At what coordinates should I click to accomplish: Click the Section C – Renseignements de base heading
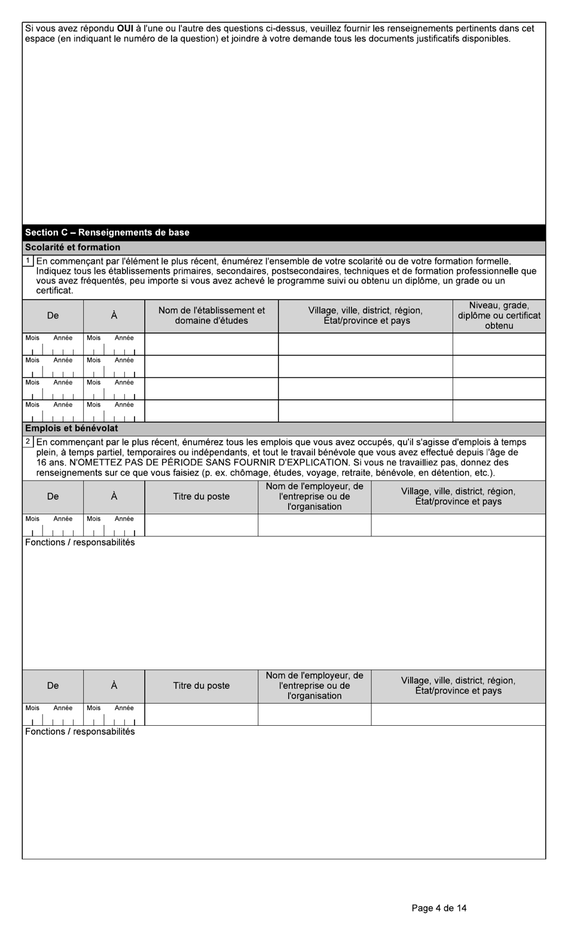[107, 233]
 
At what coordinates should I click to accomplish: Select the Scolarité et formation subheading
[72, 247]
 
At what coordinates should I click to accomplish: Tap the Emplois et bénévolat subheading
[71, 429]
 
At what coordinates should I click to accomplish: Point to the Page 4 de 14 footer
[439, 908]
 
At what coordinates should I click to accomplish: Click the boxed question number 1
[28, 261]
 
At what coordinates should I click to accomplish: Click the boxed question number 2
[28, 442]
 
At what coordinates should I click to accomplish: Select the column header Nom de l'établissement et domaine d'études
[211, 316]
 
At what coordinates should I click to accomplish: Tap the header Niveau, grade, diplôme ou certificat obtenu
[499, 316]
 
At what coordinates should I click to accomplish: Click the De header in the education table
[53, 316]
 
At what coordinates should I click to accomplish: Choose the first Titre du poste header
[201, 497]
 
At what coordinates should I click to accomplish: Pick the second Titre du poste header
[201, 686]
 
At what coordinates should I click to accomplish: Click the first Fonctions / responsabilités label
[80, 543]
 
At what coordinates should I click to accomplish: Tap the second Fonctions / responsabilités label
[80, 732]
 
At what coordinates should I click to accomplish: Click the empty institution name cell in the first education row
[211, 344]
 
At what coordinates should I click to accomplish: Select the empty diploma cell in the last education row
[499, 411]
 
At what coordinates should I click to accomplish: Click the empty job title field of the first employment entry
[201, 525]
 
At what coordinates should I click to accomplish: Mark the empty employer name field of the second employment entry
[314, 714]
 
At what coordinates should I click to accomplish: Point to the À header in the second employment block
[114, 686]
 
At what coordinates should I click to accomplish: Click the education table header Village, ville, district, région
[365, 311]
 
